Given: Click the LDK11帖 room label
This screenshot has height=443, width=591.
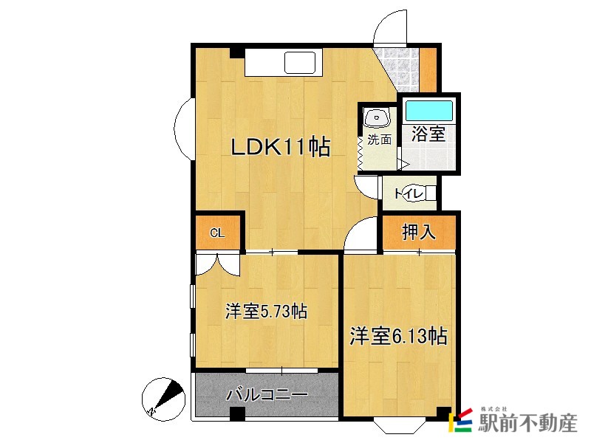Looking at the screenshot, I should click(280, 148).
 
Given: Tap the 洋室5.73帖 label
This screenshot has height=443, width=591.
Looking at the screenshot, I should click(266, 312).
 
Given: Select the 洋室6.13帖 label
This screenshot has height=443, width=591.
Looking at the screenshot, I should click(398, 337).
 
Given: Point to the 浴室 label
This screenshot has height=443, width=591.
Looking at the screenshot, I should click(428, 134).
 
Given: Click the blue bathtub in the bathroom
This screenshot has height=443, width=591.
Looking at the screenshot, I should click(428, 110).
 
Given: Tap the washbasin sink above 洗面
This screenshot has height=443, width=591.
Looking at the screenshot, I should click(378, 117).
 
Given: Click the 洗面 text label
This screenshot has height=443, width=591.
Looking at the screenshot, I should click(379, 139).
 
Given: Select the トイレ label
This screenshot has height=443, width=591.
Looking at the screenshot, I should click(408, 193).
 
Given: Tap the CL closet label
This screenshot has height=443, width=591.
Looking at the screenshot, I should click(217, 233).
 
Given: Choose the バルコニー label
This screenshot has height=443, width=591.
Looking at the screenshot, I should click(267, 394).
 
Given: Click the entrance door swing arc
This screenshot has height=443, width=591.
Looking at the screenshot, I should click(389, 28).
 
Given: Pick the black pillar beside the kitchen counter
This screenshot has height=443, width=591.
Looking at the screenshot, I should click(236, 53).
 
